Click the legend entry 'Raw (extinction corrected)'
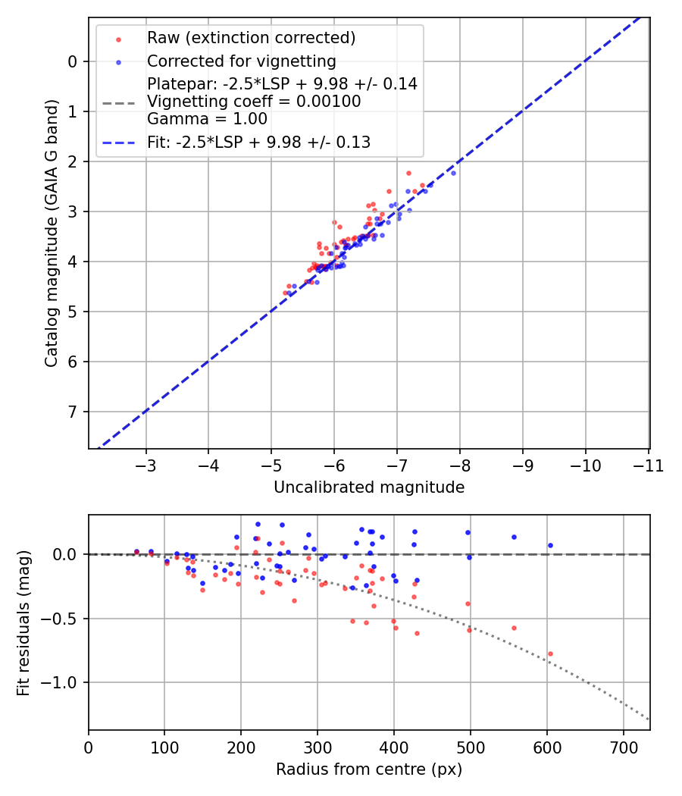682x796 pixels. click(251, 38)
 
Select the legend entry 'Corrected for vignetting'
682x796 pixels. click(242, 61)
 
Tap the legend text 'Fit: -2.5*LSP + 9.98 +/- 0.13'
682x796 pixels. click(258, 142)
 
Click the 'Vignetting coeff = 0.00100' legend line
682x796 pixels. click(255, 101)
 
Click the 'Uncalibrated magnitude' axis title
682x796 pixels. click(368, 487)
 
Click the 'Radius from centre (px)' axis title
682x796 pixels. click(368, 769)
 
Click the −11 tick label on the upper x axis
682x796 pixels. click(648, 465)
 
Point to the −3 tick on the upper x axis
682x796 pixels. click(146, 465)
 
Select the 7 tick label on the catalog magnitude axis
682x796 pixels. click(73, 412)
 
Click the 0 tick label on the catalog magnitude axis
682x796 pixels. click(73, 61)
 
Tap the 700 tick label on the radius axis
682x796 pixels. click(623, 747)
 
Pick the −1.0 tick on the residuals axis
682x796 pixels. click(61, 682)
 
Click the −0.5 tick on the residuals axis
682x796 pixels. click(61, 619)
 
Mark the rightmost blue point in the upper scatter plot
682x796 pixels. click(453, 173)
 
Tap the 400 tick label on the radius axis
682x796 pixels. click(393, 747)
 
